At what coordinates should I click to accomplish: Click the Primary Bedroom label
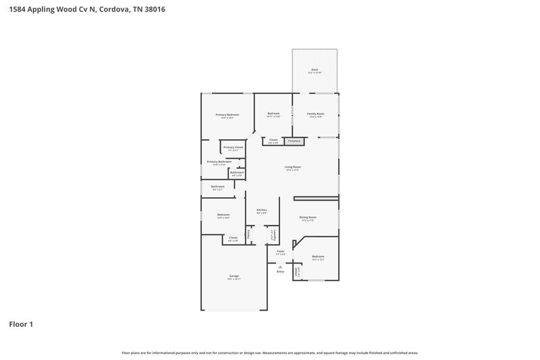click(227, 115)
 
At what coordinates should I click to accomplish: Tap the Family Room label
click(316, 113)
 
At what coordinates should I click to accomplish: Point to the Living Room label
click(292, 167)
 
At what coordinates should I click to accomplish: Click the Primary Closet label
click(234, 147)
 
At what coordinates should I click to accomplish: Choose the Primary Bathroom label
click(219, 161)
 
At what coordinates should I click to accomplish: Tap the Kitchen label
click(262, 210)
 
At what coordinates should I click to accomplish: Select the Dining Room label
click(308, 217)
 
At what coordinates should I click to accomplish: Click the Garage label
click(234, 276)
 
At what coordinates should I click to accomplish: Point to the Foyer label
click(281, 251)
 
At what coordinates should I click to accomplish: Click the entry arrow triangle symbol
click(280, 266)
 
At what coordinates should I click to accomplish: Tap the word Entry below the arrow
click(280, 272)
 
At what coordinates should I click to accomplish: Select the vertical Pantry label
click(248, 234)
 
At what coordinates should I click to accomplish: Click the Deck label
click(315, 70)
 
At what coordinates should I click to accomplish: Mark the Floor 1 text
click(21, 324)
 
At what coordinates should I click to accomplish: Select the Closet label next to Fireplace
click(273, 140)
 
